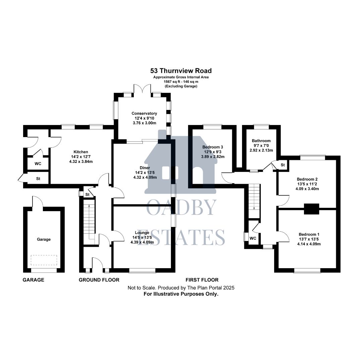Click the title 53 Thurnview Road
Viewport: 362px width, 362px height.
click(181, 71)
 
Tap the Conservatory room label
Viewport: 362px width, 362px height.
click(144, 113)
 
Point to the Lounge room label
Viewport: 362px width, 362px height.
click(142, 233)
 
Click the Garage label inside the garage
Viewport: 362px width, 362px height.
click(44, 239)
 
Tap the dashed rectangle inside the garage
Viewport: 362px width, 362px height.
click(44, 260)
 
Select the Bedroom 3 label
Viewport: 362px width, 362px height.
click(213, 147)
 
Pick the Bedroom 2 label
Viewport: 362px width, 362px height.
click(307, 179)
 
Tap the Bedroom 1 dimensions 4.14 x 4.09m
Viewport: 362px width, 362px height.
click(307, 244)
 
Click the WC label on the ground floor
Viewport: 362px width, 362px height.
click(38, 164)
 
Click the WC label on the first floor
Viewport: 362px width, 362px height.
click(253, 238)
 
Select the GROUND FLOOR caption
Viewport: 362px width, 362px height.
click(99, 280)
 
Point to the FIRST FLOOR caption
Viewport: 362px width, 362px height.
click(202, 280)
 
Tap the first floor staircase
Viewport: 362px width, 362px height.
click(254, 196)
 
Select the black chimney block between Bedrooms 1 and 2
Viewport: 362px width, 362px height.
click(311, 208)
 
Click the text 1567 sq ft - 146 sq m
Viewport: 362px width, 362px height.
click(181, 82)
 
